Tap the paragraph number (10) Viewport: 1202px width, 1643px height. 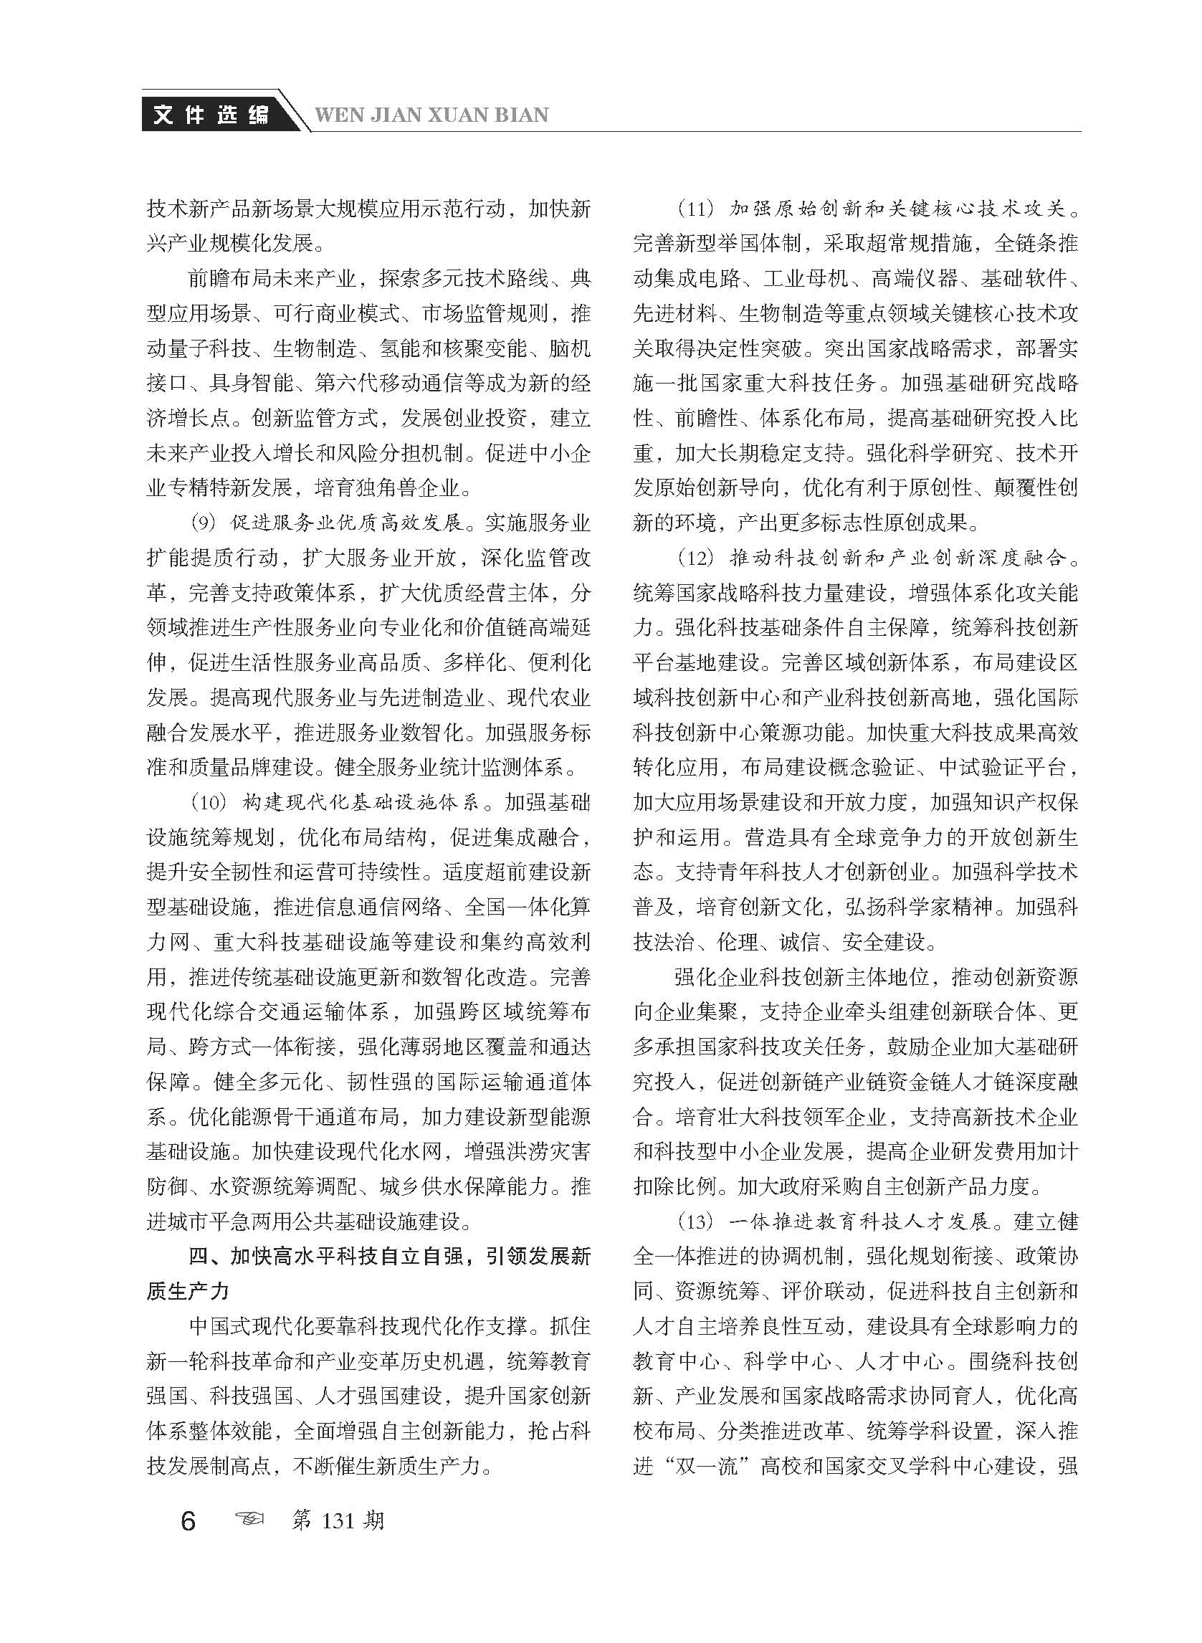pyautogui.click(x=209, y=803)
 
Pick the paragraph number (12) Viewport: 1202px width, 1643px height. pyautogui.click(x=696, y=558)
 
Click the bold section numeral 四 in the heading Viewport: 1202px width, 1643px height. pyautogui.click(x=199, y=1257)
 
